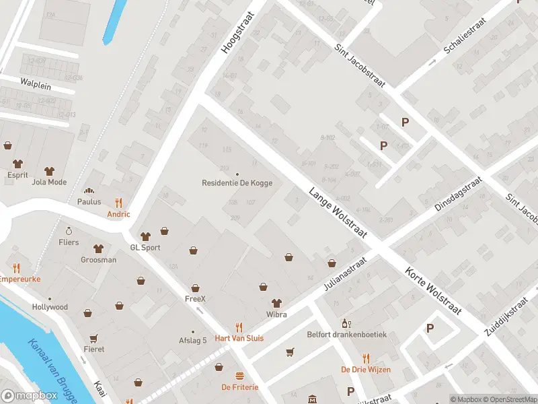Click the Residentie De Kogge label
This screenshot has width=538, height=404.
click(x=237, y=183)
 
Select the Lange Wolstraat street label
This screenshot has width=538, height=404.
click(x=338, y=212)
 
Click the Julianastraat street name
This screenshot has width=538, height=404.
click(x=345, y=275)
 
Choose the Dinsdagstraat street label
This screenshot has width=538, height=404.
click(x=459, y=195)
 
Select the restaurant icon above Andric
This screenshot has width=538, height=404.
click(x=118, y=202)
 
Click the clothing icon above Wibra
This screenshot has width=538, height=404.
click(x=276, y=303)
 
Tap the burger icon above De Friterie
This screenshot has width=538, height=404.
click(x=239, y=376)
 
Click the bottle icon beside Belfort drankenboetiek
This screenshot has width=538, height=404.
click(x=346, y=323)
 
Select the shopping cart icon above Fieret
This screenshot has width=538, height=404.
click(x=93, y=338)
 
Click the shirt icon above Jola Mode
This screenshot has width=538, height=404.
click(x=48, y=170)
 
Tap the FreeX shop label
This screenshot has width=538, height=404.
click(x=195, y=298)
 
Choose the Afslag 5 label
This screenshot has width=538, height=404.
click(x=192, y=340)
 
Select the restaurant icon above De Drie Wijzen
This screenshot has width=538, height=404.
click(x=366, y=358)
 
